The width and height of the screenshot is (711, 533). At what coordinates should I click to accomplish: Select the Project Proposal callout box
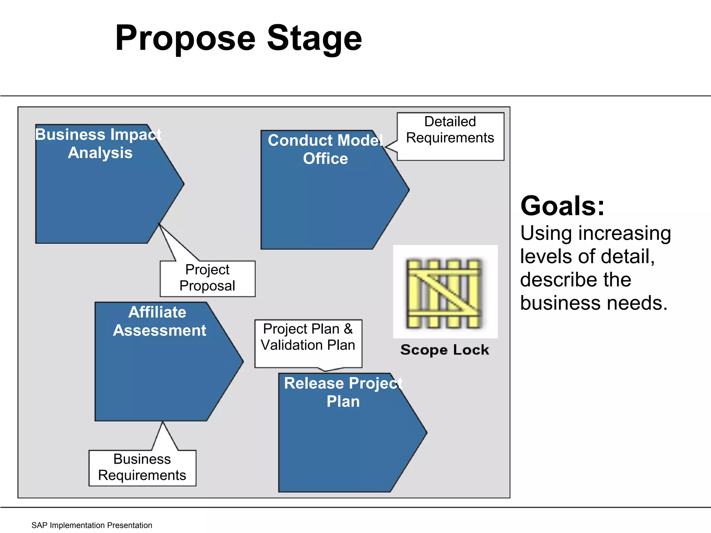[208, 278]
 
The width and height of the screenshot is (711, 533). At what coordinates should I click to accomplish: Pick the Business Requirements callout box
[142, 467]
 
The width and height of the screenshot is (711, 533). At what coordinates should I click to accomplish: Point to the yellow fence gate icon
[445, 293]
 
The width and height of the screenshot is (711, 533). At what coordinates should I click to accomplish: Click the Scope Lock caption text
[445, 350]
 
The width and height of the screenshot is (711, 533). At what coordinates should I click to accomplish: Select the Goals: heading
[562, 206]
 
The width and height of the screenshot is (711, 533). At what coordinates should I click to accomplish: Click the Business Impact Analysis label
[99, 143]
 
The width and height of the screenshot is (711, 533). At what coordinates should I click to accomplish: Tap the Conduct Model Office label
[325, 150]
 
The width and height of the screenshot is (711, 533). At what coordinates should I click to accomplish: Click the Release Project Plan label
[343, 392]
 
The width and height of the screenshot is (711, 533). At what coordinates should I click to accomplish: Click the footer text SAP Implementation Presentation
[92, 525]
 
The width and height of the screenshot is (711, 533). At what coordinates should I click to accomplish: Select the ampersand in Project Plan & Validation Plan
[348, 329]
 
